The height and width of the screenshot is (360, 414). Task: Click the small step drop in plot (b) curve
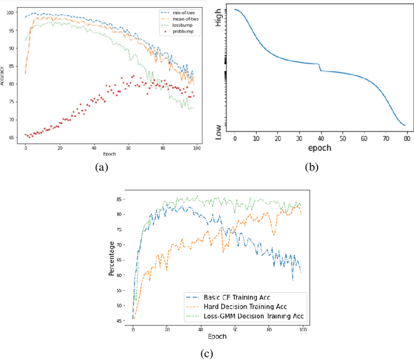tap(320, 67)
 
